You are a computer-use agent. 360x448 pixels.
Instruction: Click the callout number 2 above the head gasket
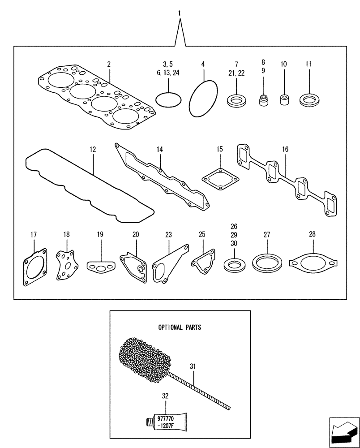tap(109, 65)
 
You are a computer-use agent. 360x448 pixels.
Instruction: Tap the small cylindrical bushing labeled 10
tap(283, 99)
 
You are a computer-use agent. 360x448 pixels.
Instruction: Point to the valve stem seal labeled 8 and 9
tap(264, 98)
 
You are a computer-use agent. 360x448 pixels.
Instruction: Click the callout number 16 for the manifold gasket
tap(286, 149)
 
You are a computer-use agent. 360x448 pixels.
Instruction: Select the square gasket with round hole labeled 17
tap(34, 271)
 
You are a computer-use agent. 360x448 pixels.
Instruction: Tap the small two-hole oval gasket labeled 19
tap(100, 268)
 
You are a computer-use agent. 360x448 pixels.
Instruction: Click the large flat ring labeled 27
tap(267, 263)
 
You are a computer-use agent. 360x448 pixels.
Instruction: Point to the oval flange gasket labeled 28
tap(313, 262)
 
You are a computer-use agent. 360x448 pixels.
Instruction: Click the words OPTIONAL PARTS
tap(179, 327)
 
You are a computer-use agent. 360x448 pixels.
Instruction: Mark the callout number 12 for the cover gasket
tap(93, 149)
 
